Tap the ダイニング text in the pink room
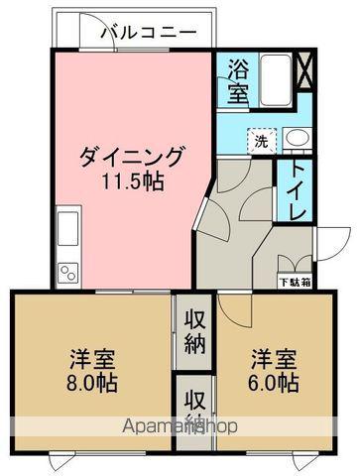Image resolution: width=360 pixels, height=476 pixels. (x=131, y=157)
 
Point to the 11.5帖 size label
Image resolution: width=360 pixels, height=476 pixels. (x=131, y=181)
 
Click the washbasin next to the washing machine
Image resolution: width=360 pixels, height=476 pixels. (x=297, y=138)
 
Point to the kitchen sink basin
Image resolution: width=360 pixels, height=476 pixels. (x=69, y=227)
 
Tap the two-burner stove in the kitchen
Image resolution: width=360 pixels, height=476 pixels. (x=69, y=270)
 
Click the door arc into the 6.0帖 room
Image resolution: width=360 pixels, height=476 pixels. (x=234, y=309)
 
